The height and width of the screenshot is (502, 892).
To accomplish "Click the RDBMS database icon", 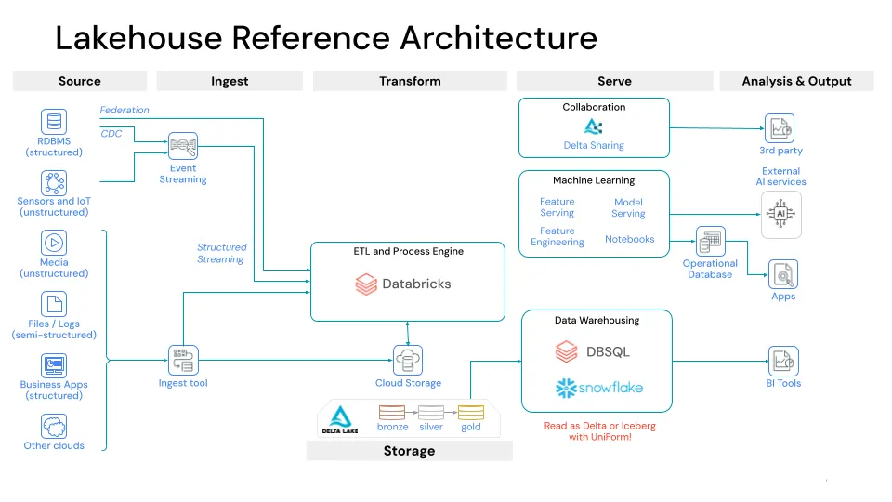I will click(x=54, y=122).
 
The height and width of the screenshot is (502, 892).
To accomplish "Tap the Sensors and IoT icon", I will click(x=54, y=182).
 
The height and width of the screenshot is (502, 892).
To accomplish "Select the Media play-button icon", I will click(x=54, y=243).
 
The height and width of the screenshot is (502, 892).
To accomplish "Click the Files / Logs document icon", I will click(x=54, y=304).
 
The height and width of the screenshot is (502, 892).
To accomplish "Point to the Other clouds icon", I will click(x=54, y=427).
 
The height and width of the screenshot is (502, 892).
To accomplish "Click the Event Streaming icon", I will click(x=183, y=146).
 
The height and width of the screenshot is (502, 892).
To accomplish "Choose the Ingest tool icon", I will click(x=183, y=360).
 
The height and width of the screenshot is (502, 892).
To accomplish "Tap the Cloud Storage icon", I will click(x=408, y=360).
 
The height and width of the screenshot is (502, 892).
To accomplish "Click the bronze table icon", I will click(x=392, y=412).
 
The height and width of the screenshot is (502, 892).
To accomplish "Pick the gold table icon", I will click(x=471, y=412).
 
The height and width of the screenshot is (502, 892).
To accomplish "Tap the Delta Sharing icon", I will click(x=594, y=126).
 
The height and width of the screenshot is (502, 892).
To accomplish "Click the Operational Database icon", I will click(x=710, y=242).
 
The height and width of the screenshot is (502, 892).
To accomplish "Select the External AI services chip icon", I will click(x=780, y=213).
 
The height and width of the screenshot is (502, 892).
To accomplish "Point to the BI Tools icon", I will click(x=782, y=360).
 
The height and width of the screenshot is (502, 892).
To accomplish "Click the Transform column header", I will click(x=410, y=81).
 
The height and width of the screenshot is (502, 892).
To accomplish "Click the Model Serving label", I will click(x=628, y=207).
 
